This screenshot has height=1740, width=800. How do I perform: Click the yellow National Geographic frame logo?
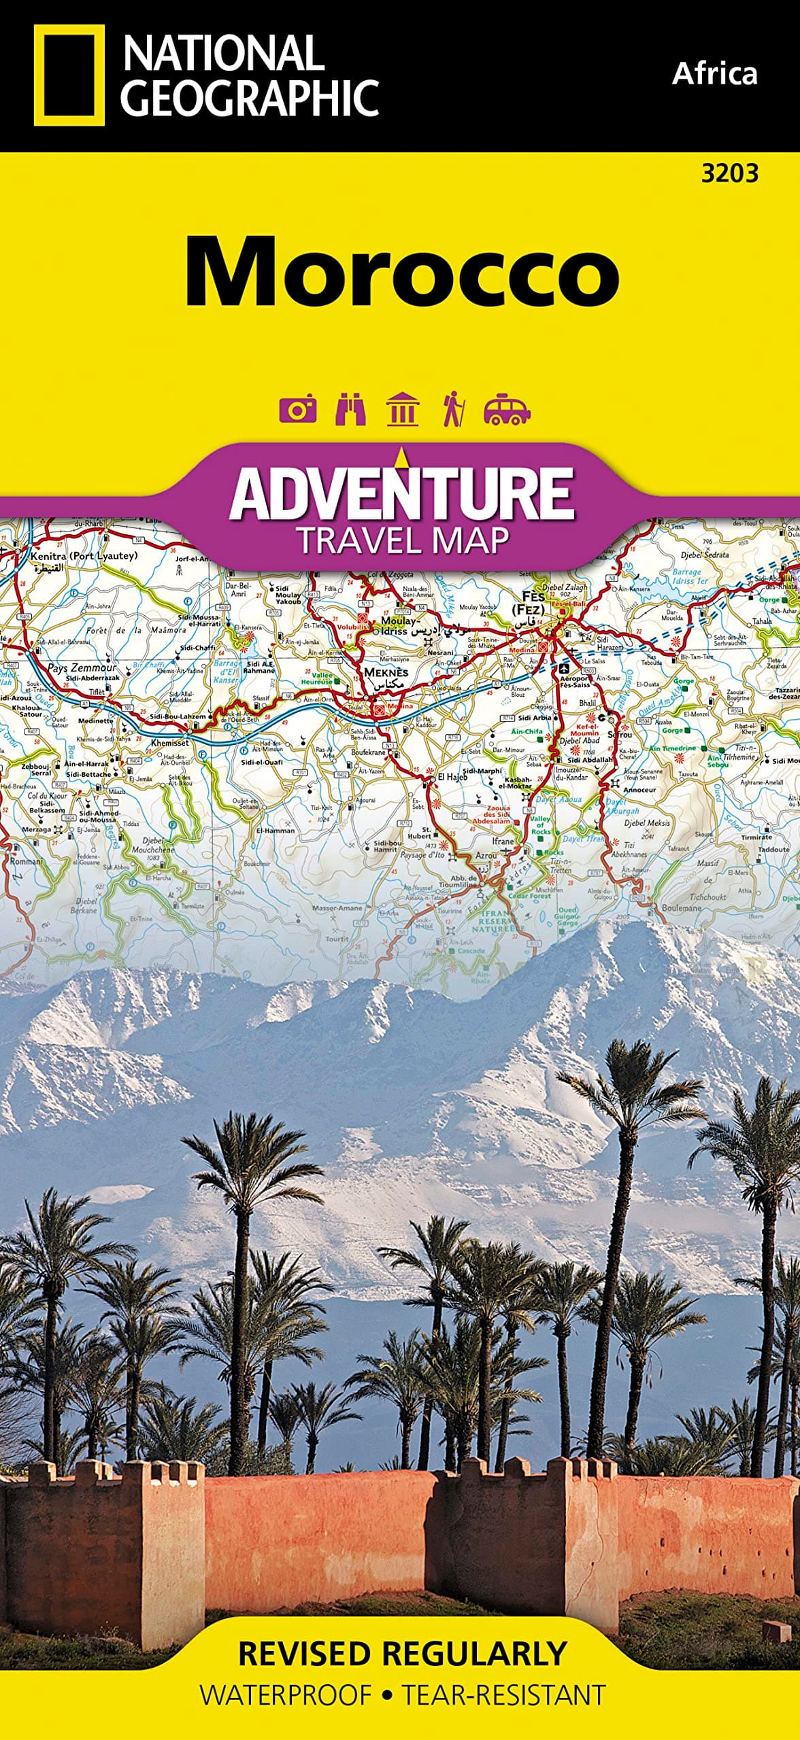pos(69,75)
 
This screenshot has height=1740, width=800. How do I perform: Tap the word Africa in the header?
pos(714,73)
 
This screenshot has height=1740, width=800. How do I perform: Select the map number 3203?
pos(729,174)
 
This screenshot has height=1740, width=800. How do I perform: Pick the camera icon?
pos(297,410)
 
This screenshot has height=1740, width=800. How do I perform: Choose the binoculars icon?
pos(350,409)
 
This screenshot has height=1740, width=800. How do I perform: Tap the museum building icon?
pos(402,409)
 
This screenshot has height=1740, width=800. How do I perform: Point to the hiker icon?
pos(453,409)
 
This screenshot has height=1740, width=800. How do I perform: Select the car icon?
pos(506,409)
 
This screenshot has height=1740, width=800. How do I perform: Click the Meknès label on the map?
pos(386,672)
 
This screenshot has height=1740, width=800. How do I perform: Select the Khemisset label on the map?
pos(170,742)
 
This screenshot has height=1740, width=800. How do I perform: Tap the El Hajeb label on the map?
pos(452,776)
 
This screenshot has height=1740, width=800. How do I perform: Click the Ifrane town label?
pos(503,841)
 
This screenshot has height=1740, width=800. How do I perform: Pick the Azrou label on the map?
pos(486,856)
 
